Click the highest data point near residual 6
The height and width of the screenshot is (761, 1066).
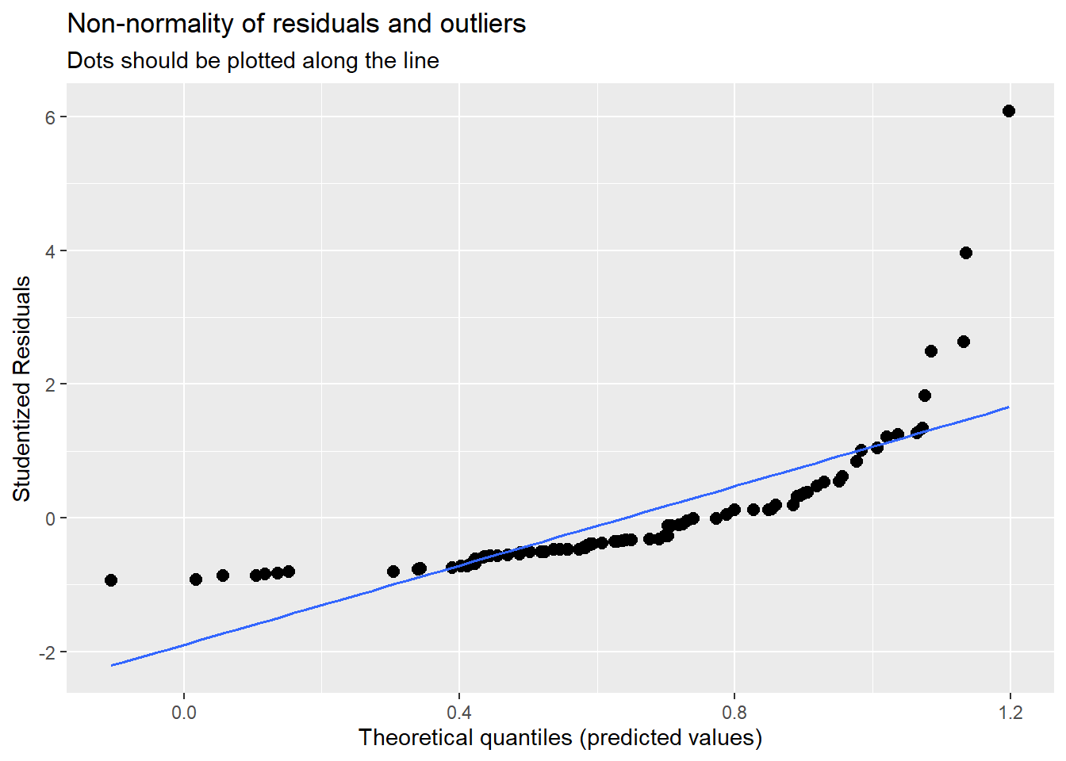1008,111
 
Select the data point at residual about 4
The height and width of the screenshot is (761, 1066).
965,253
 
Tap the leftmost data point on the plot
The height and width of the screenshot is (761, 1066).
111,580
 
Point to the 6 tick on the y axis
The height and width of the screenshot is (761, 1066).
51,117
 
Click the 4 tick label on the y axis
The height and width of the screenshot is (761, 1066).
51,251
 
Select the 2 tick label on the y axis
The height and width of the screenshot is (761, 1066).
51,385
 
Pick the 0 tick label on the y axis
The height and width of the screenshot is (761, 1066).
51,518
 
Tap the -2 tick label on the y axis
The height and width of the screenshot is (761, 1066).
48,652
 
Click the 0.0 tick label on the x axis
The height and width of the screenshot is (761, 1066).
184,713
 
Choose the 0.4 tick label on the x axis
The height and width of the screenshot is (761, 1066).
459,713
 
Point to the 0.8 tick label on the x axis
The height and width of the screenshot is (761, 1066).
734,713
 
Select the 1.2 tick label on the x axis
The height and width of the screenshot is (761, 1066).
1010,713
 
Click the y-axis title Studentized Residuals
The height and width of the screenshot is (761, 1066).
22,388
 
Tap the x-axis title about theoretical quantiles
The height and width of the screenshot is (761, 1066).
560,738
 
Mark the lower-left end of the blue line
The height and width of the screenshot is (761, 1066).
112,665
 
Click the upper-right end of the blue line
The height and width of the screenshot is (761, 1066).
1008,407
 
